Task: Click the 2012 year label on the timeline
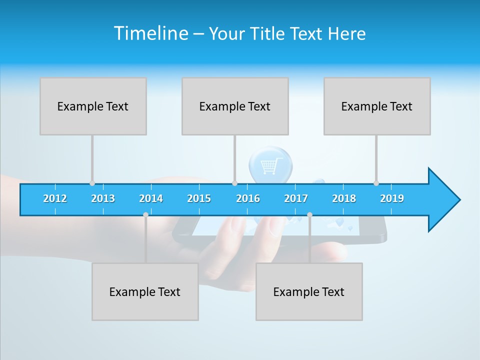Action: (x=55, y=198)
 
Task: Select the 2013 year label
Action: (x=103, y=198)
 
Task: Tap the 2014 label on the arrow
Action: (x=151, y=198)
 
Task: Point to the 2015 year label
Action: (x=199, y=198)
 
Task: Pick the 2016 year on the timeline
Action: (x=248, y=198)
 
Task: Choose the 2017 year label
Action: (x=296, y=198)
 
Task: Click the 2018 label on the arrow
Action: (x=344, y=198)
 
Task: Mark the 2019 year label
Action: (x=392, y=198)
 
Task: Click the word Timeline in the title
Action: (x=150, y=33)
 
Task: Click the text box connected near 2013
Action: (x=93, y=106)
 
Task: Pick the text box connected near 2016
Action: (x=235, y=106)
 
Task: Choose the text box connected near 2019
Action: (x=377, y=106)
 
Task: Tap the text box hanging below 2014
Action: (x=145, y=291)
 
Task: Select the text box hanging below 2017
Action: (x=309, y=291)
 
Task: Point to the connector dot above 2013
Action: (x=92, y=183)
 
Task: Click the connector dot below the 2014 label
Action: (x=145, y=214)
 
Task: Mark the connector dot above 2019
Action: (x=376, y=183)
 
